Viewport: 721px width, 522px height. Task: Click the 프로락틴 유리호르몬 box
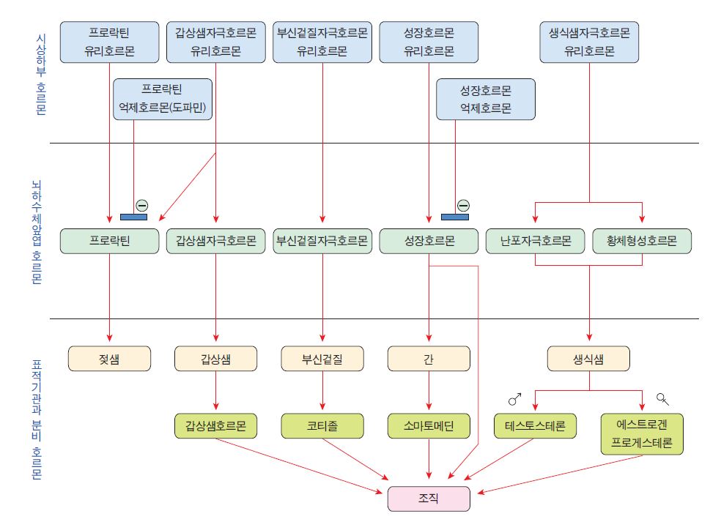pyautogui.click(x=109, y=42)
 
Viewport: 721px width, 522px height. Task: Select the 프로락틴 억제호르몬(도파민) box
pyautogui.click(x=163, y=100)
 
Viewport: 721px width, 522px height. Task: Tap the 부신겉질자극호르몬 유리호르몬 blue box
pyautogui.click(x=322, y=42)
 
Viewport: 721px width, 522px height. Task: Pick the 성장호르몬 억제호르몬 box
pyautogui.click(x=485, y=100)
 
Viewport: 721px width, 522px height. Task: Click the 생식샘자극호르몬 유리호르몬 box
pyautogui.click(x=589, y=42)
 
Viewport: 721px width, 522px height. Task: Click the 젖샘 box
pyautogui.click(x=109, y=359)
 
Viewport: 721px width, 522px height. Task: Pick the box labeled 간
pyautogui.click(x=429, y=359)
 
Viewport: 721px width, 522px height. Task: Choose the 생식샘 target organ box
pyautogui.click(x=589, y=359)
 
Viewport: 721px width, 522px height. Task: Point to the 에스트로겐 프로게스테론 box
pyautogui.click(x=643, y=433)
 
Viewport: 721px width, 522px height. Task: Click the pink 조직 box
pyautogui.click(x=429, y=498)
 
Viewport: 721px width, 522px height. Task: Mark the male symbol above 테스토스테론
pyautogui.click(x=515, y=399)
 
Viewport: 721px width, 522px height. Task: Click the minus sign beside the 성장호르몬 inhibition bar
pyautogui.click(x=463, y=205)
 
